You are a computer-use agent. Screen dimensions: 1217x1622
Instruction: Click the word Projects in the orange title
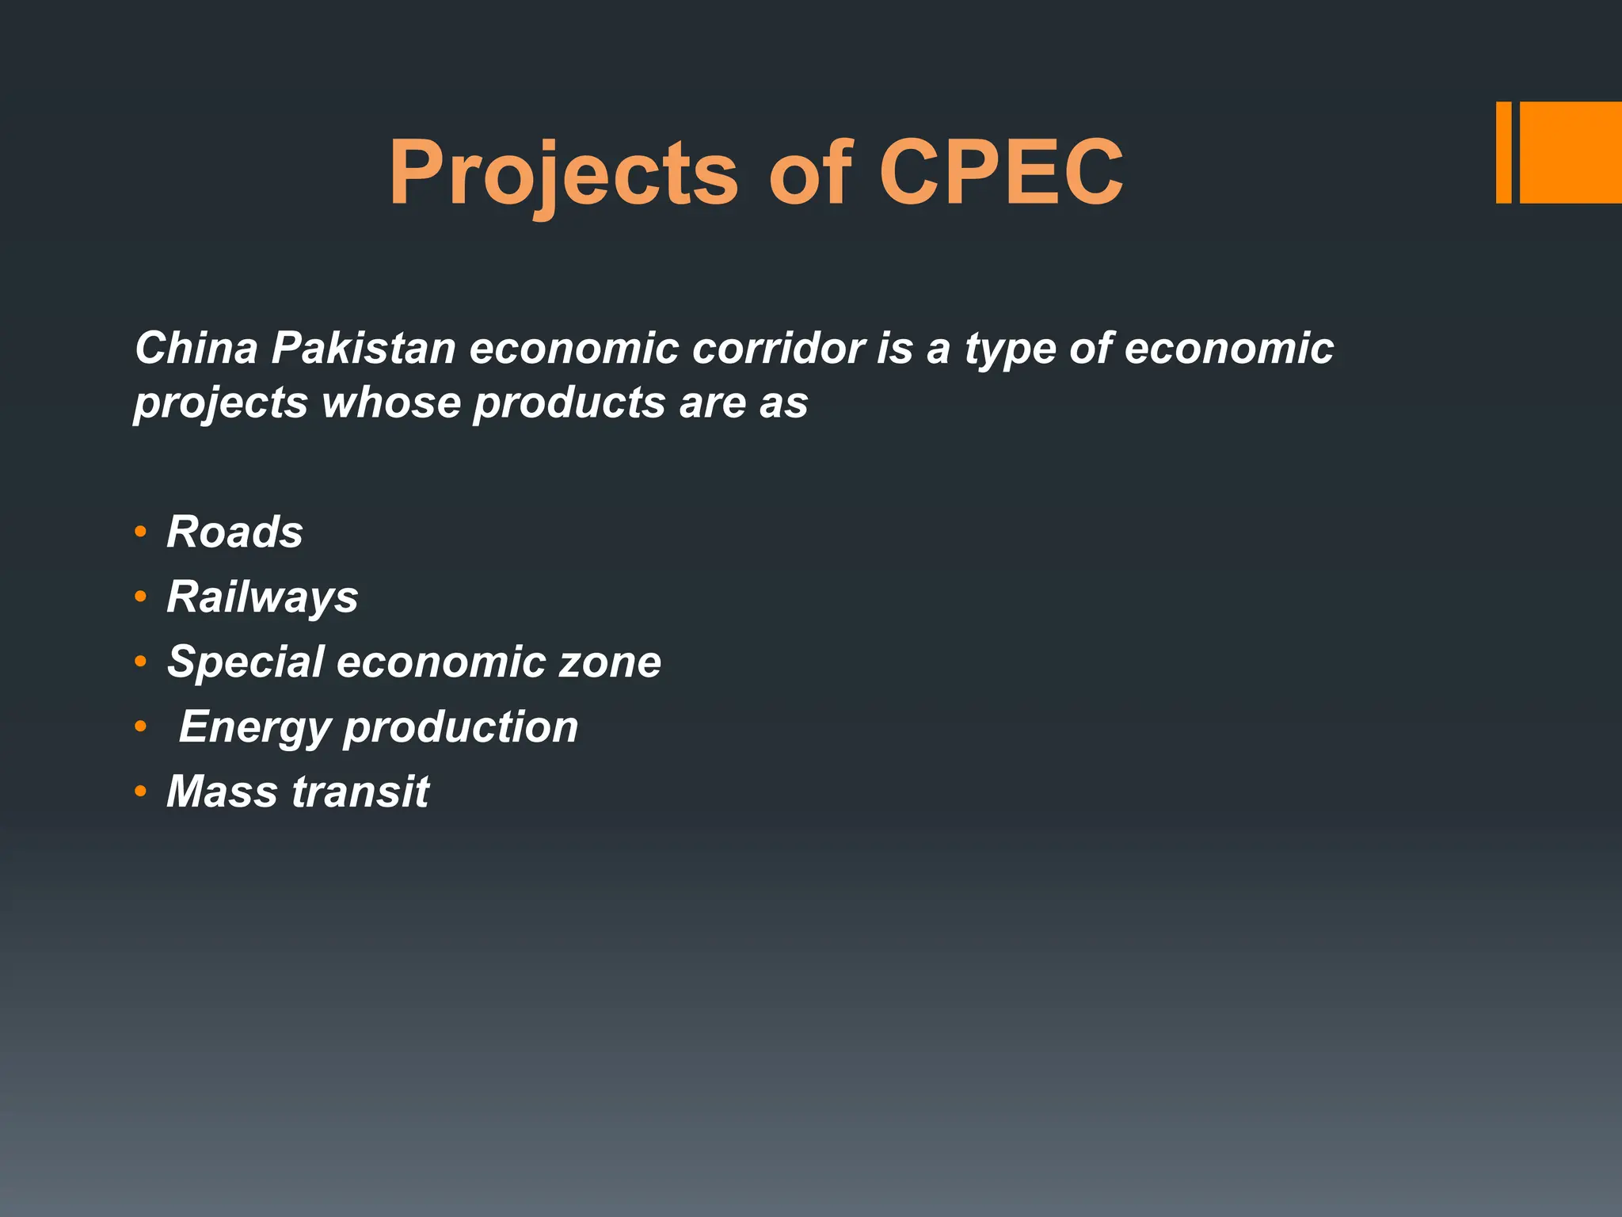tap(563, 173)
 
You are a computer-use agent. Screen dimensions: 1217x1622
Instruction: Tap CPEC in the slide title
tap(1001, 173)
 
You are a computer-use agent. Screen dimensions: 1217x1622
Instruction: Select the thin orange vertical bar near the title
tap(1503, 152)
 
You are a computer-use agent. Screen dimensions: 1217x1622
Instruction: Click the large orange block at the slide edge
tap(1571, 152)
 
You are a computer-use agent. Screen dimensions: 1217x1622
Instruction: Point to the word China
tap(196, 348)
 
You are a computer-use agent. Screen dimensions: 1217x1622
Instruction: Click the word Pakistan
tap(364, 348)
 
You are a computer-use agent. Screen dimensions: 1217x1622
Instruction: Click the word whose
tap(391, 402)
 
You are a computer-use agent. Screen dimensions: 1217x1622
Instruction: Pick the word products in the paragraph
tap(569, 404)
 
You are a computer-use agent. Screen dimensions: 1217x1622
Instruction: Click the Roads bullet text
tap(235, 532)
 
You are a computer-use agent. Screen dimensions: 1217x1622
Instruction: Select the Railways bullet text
tap(262, 597)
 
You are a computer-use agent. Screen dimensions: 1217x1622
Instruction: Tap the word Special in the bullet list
tap(246, 662)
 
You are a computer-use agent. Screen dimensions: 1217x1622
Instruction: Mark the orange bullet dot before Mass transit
tap(140, 792)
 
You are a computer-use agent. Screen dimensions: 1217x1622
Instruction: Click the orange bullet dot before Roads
tap(140, 532)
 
